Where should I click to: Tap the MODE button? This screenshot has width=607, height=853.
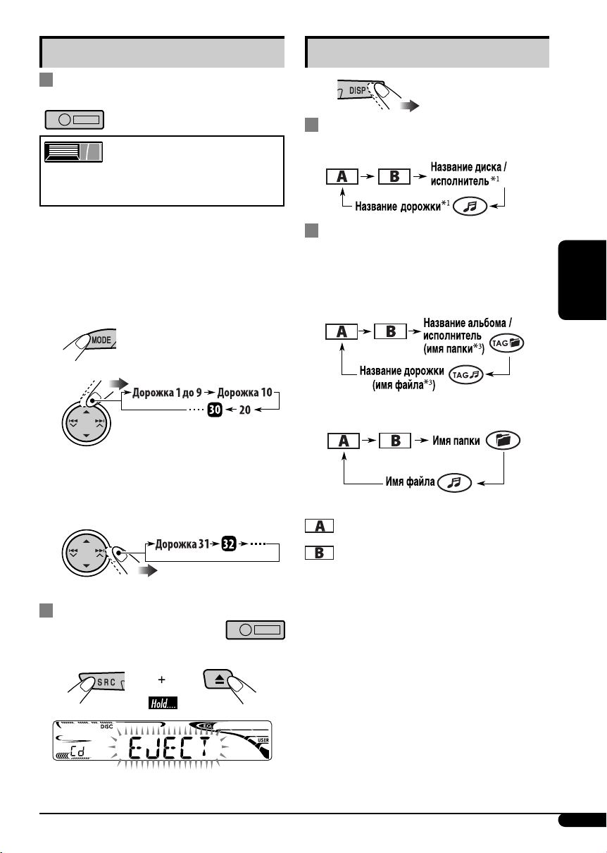[x=101, y=339]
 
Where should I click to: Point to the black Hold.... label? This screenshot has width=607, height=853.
[x=163, y=703]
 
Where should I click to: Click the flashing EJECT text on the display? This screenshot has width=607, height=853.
[x=169, y=747]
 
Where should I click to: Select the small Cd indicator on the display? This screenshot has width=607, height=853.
[x=78, y=751]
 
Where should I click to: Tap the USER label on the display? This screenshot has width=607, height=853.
[x=263, y=740]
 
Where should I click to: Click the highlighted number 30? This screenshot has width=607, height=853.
[x=215, y=410]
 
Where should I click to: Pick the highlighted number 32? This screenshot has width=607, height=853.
[x=229, y=544]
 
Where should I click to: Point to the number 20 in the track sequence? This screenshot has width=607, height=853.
[x=244, y=410]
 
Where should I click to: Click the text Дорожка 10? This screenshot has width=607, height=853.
[x=244, y=393]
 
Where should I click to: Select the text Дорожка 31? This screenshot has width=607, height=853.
[x=182, y=544]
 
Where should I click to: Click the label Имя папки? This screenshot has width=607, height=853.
[x=456, y=441]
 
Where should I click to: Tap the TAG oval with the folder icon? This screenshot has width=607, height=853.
[x=506, y=343]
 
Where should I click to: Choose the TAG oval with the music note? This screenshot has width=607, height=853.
[x=466, y=375]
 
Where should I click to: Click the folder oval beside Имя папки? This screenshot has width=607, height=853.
[x=503, y=440]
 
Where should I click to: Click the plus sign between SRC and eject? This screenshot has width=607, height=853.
[x=162, y=680]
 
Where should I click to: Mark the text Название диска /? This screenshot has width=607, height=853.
[x=468, y=167]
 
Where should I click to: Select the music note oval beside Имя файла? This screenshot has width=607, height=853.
[x=454, y=483]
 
